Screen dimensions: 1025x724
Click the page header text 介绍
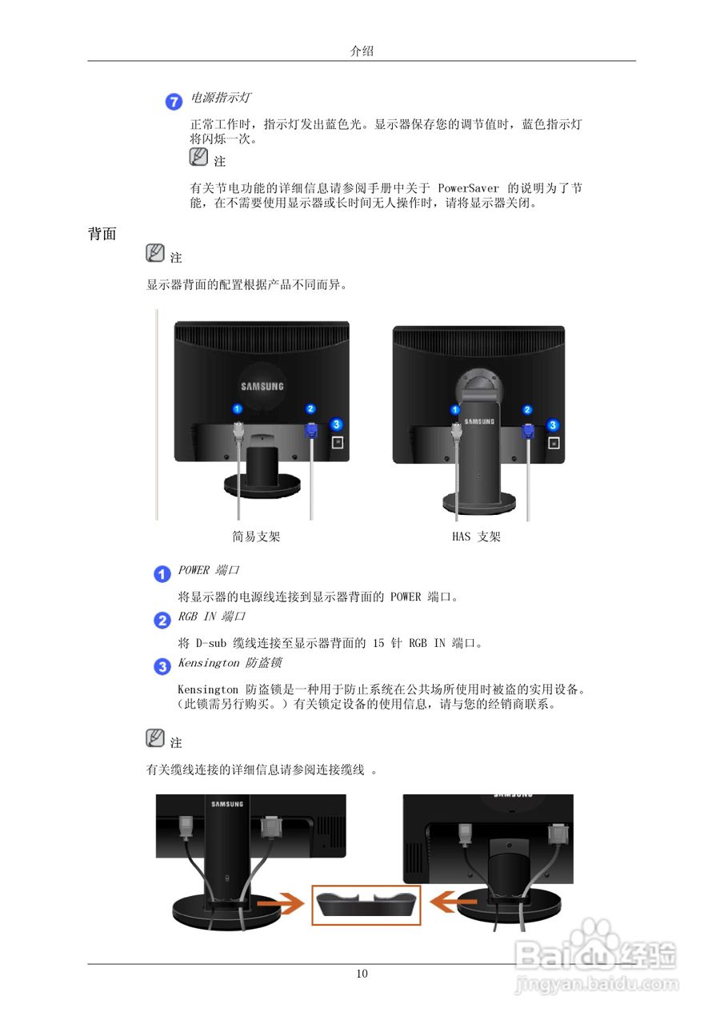click(362, 50)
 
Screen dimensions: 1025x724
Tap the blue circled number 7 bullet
click(174, 101)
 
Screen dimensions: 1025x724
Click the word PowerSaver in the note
click(469, 188)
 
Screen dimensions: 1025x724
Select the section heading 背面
click(102, 234)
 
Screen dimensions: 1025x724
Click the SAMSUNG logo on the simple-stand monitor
click(262, 386)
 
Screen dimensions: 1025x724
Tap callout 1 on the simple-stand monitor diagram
click(238, 409)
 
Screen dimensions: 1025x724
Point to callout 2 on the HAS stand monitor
click(527, 410)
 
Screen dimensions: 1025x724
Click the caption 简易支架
click(256, 537)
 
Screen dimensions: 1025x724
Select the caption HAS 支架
click(476, 537)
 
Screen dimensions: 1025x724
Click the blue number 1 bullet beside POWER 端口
click(162, 573)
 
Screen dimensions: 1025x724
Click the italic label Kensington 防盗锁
click(229, 663)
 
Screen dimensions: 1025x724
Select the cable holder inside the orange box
click(366, 904)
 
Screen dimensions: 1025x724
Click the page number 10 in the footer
click(362, 974)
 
